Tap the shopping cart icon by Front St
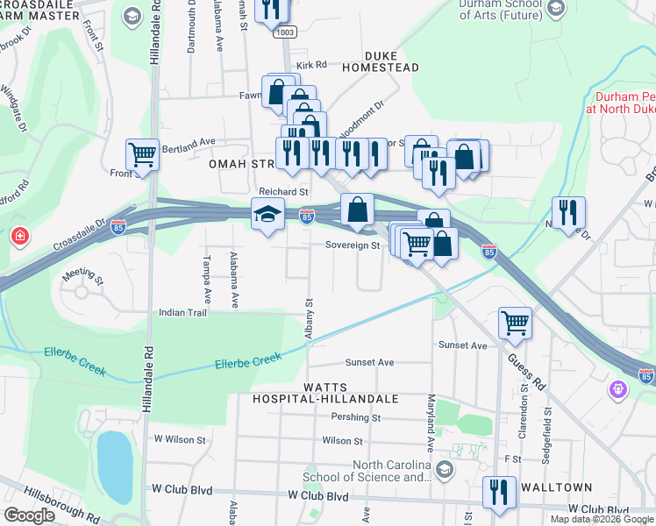142,155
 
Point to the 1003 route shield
284,32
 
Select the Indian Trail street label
182,312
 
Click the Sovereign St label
353,246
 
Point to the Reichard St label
283,191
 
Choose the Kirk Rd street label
311,65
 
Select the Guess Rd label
521,360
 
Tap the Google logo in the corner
29,515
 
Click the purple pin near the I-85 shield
618,388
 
